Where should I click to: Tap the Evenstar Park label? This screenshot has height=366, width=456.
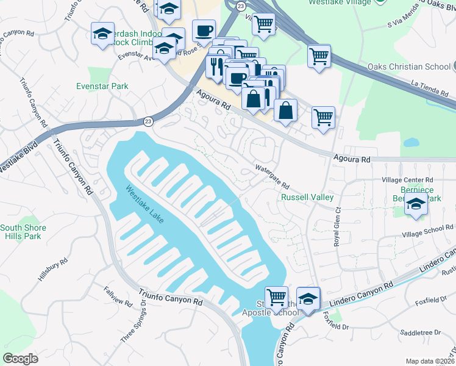102,86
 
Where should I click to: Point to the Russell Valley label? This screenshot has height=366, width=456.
307,198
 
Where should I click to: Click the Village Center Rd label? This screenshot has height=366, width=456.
407,180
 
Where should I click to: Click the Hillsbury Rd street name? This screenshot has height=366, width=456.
52,268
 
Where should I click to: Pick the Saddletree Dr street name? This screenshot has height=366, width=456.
421,332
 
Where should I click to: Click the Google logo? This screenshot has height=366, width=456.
21,358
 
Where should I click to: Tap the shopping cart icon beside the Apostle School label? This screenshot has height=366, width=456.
276,297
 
